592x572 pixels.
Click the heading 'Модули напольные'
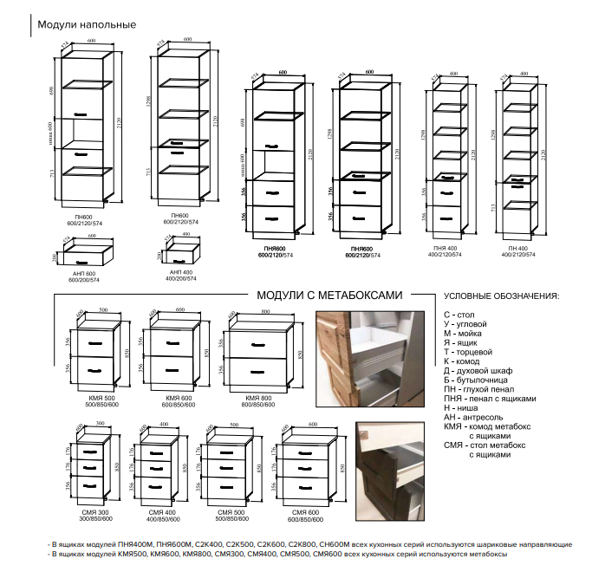point(87,24)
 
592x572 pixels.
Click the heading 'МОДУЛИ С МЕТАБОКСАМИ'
point(330,295)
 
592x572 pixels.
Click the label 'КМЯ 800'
point(260,397)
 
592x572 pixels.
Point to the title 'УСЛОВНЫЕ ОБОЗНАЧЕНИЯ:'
point(501,295)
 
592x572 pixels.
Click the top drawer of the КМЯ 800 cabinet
point(260,344)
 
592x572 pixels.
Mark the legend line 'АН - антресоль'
point(478,418)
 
